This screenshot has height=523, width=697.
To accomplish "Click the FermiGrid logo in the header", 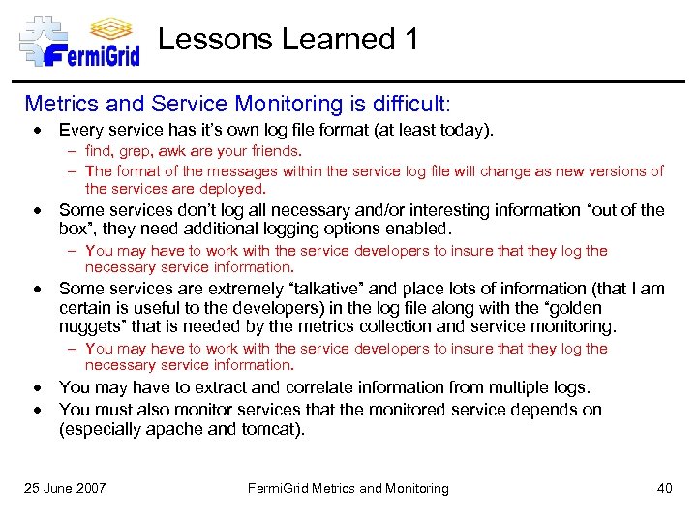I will pos(79,41).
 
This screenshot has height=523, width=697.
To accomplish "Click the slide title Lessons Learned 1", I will pos(288,40).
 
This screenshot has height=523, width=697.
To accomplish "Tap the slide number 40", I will pos(664,488).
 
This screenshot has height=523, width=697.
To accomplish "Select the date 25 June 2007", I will pos(66,488).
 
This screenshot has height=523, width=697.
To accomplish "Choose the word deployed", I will pos(233,189).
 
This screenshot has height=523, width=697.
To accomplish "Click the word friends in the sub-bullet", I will pos(274,151).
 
